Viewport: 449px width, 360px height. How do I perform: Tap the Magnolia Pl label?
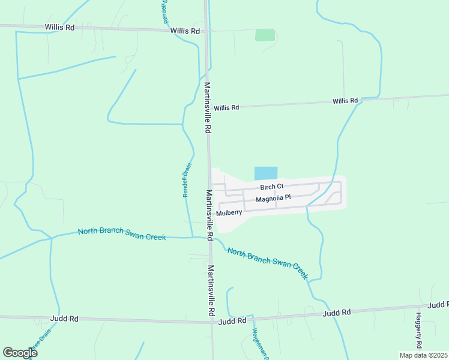[x=273, y=198]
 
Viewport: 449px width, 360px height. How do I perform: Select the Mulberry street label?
[x=229, y=212]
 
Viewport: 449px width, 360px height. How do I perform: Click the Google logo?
[x=20, y=353]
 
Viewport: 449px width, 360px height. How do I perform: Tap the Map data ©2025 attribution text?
[x=424, y=355]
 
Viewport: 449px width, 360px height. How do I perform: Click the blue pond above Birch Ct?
[x=266, y=173]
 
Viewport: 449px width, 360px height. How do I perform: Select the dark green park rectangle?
[x=265, y=35]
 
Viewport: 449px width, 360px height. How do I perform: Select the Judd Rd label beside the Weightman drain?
[x=232, y=320]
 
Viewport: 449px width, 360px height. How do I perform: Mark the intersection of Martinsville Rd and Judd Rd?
[x=212, y=322]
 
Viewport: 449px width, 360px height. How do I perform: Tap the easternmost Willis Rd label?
[x=345, y=101]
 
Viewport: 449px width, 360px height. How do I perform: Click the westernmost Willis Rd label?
[x=58, y=27]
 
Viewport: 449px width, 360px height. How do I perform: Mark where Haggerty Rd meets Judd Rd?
[x=418, y=307]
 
